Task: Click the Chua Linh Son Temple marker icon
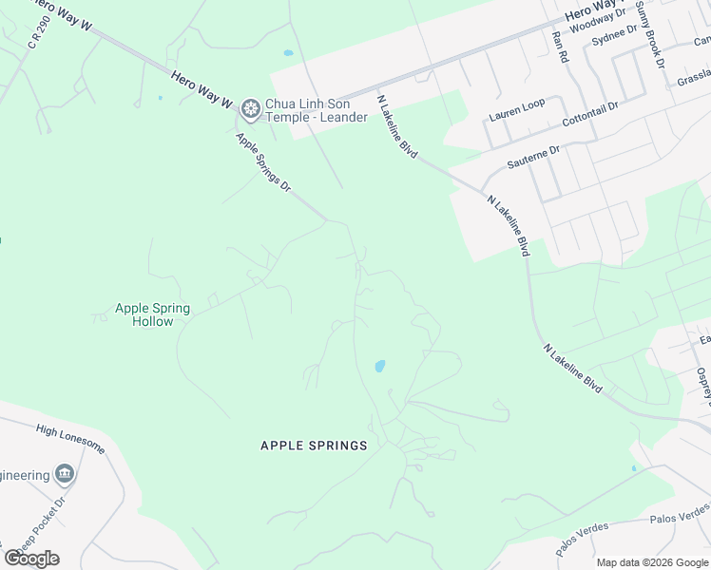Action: point(250,110)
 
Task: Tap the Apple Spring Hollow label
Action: point(152,314)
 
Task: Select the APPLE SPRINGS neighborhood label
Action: point(314,445)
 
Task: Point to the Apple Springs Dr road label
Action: point(262,162)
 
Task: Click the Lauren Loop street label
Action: point(517,109)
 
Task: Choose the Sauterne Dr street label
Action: point(533,157)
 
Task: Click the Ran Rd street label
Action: point(560,47)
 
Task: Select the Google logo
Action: point(31,559)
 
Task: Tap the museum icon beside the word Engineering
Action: point(65,473)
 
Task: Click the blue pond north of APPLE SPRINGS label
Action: point(379,366)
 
